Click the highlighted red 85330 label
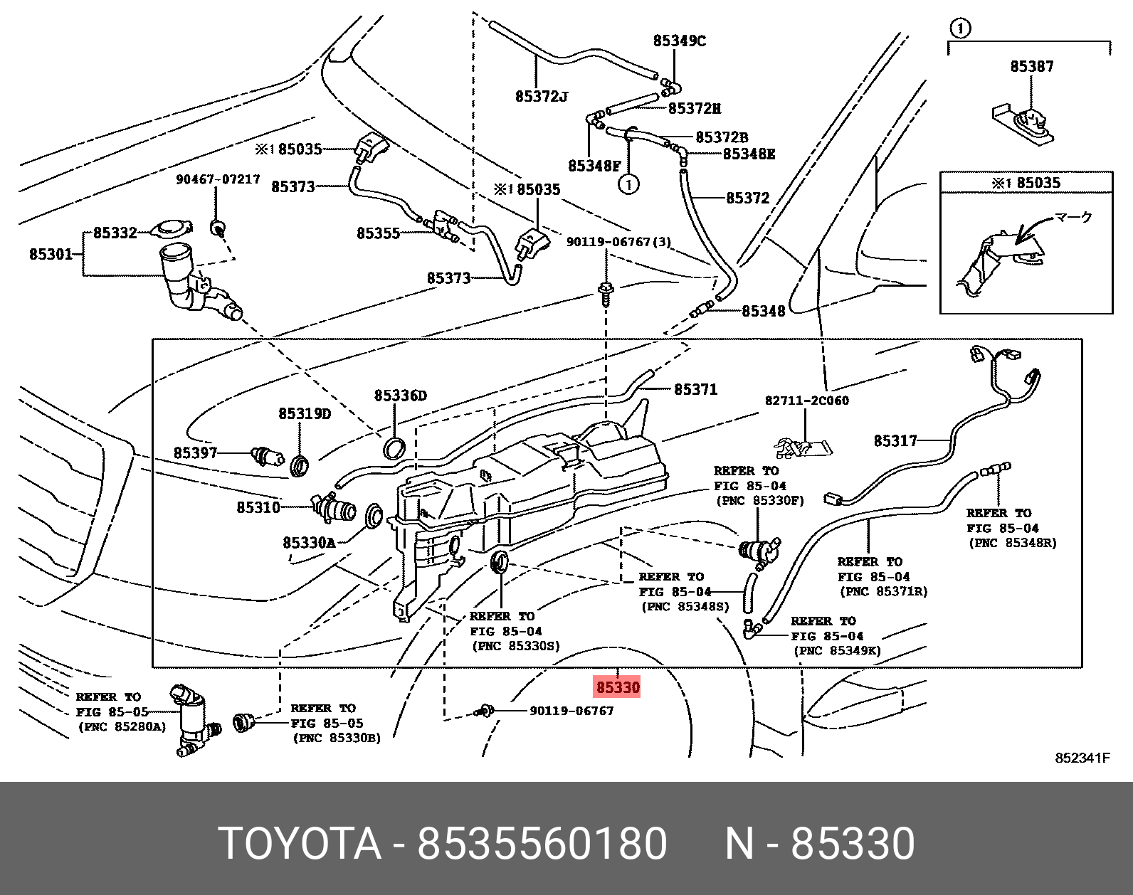(618, 687)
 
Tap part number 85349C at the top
(679, 41)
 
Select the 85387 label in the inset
(1031, 67)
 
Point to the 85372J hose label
(541, 96)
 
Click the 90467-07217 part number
(218, 179)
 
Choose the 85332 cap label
(115, 233)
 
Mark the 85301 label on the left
(51, 254)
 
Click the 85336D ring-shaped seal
(395, 448)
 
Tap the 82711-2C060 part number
(806, 401)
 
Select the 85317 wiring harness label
(895, 441)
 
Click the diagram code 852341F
(1082, 758)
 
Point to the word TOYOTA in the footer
(300, 844)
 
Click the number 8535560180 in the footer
(542, 844)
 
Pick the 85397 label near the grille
(195, 453)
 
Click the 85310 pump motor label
(258, 507)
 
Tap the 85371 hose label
(695, 389)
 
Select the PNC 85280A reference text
(122, 727)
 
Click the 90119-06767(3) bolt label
(618, 242)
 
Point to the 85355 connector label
(378, 233)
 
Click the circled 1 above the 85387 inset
(960, 28)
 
